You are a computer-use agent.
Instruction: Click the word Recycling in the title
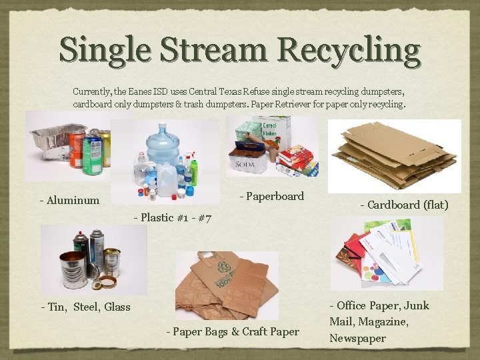click(349, 50)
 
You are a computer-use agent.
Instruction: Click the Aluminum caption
click(69, 200)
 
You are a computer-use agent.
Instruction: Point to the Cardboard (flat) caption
click(404, 205)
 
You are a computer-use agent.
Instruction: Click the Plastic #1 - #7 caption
click(173, 217)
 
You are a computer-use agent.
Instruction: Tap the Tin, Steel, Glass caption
click(85, 307)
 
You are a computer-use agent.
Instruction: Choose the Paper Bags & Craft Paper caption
click(233, 331)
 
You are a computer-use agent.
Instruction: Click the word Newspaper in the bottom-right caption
click(357, 338)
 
